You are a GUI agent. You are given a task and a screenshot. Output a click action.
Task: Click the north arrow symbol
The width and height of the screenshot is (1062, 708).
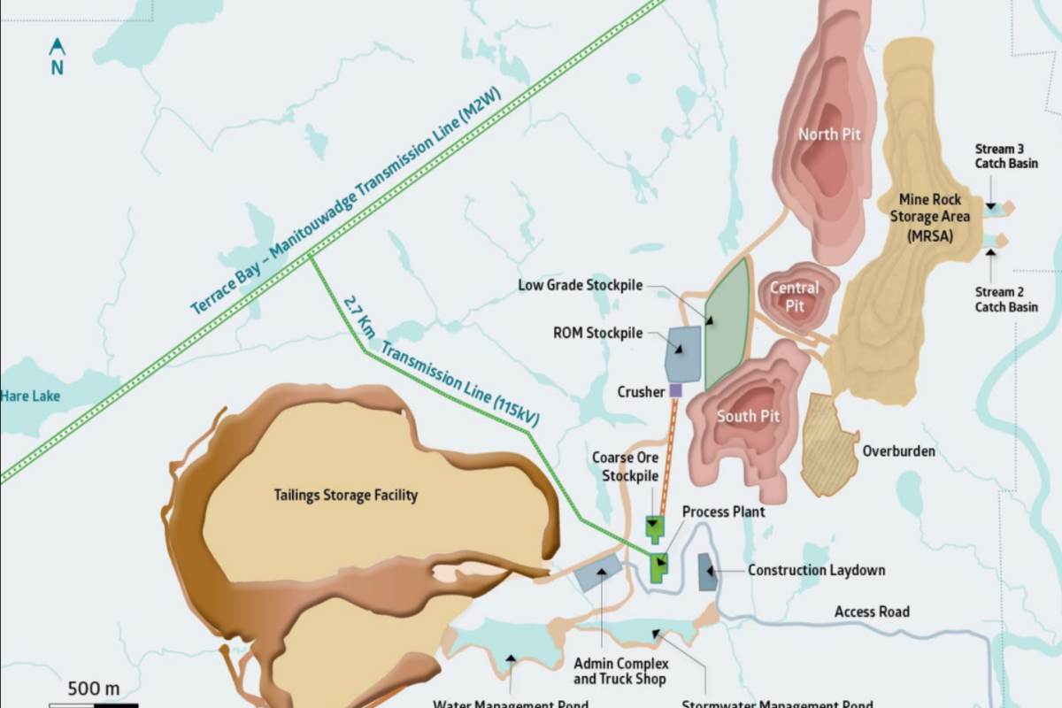pos(57,47)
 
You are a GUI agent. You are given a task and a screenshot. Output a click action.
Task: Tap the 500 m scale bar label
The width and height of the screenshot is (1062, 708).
pos(93,689)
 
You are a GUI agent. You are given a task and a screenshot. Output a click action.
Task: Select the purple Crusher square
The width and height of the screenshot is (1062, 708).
pos(676,390)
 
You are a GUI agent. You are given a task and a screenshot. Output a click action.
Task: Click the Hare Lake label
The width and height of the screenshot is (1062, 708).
pos(30,396)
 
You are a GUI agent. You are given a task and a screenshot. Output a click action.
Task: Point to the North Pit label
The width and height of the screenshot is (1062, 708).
pos(829,135)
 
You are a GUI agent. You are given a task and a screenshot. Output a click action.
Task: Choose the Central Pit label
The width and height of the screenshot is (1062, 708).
pos(794,296)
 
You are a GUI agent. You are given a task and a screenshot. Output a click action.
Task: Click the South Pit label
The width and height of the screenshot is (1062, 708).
pos(748,416)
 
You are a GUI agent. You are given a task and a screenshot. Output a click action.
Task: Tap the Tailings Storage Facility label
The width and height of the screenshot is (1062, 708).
pos(345,495)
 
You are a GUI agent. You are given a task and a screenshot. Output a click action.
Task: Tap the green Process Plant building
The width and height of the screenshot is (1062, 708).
pos(659,567)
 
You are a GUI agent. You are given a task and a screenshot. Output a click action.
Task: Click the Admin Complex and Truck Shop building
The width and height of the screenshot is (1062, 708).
pos(598,573)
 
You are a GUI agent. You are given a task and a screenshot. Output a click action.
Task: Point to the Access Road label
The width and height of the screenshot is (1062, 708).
pos(872,612)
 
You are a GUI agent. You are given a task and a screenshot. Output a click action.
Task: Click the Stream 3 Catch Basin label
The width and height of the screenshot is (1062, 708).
pos(1006,156)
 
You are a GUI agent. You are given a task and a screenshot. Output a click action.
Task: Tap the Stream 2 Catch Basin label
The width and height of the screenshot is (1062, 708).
pos(1006,299)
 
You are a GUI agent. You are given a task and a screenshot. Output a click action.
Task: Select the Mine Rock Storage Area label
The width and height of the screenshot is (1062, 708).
pos(934,216)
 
